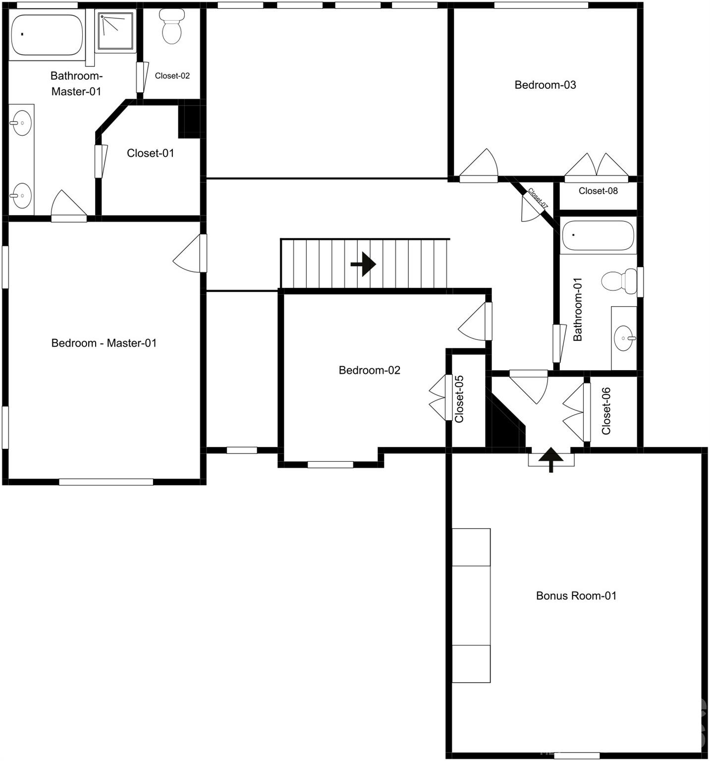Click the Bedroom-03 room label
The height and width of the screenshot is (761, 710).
pyautogui.click(x=545, y=85)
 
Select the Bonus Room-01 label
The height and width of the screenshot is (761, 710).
pyautogui.click(x=576, y=596)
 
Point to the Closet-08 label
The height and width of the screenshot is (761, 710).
pyautogui.click(x=598, y=191)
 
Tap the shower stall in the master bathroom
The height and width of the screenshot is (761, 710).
pyautogui.click(x=116, y=32)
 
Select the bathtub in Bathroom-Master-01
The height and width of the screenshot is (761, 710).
pyautogui.click(x=47, y=35)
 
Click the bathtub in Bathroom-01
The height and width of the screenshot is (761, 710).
pyautogui.click(x=598, y=235)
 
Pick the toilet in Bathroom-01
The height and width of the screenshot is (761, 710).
pyautogui.click(x=619, y=281)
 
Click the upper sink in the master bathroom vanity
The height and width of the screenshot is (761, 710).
pyautogui.click(x=21, y=122)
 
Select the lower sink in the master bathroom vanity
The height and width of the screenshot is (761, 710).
pyautogui.click(x=21, y=195)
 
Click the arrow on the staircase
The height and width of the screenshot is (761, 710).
pyautogui.click(x=364, y=264)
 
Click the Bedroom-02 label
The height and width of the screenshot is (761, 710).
pyautogui.click(x=369, y=370)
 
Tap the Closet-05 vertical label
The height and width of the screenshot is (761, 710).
pyautogui.click(x=459, y=399)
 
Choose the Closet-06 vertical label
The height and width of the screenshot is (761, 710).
pyautogui.click(x=606, y=411)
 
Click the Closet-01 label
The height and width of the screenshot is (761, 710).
pyautogui.click(x=151, y=153)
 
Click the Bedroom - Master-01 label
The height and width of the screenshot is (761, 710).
pyautogui.click(x=104, y=343)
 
